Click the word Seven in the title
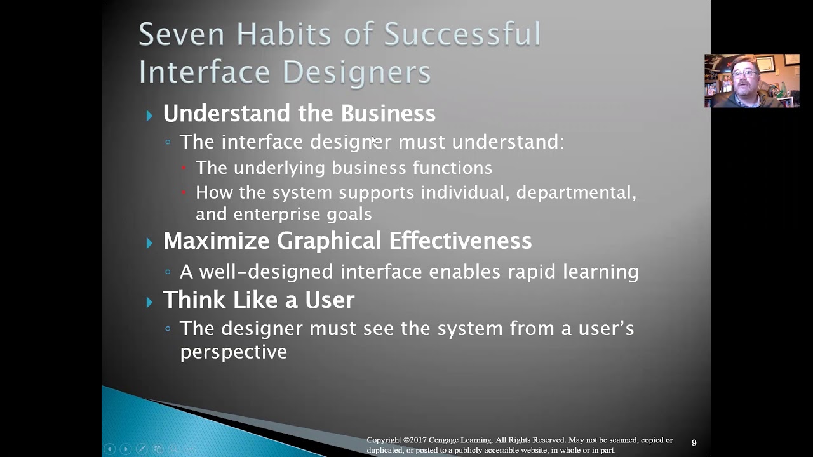pos(181,34)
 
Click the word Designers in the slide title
pos(357,72)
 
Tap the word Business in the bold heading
pos(387,114)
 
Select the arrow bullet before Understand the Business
pos(149,116)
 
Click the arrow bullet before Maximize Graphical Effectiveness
pos(149,242)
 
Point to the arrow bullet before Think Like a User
pos(149,302)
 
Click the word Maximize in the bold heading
pos(216,241)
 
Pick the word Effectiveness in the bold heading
pos(460,241)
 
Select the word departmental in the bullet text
pos(575,193)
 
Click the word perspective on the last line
pos(233,352)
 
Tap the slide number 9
pos(694,443)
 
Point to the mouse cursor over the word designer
pos(374,140)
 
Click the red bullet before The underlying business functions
pos(184,168)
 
